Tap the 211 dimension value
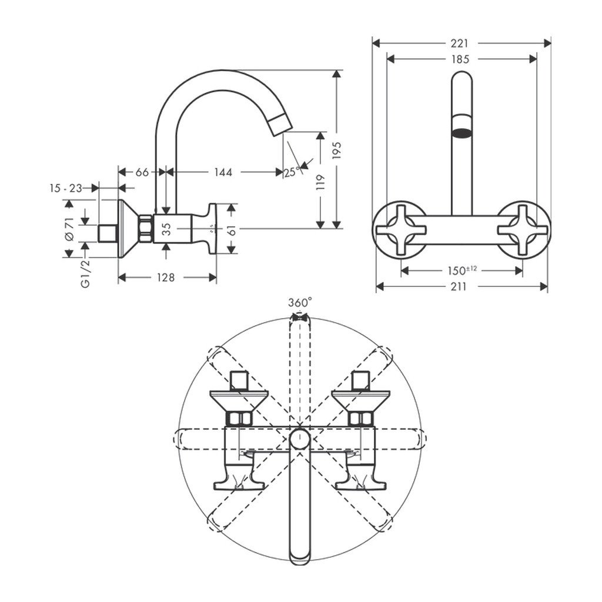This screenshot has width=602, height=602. pyautogui.click(x=459, y=286)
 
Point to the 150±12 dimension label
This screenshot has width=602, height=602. pyautogui.click(x=461, y=270)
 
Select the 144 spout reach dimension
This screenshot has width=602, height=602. pyautogui.click(x=223, y=172)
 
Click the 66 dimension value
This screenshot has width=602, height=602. pyautogui.click(x=142, y=172)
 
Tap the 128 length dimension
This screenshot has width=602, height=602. pyautogui.click(x=166, y=277)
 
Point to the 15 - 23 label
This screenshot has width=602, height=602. pyautogui.click(x=65, y=188)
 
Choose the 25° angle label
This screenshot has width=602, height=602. pyautogui.click(x=292, y=172)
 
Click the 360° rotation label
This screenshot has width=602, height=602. pyautogui.click(x=300, y=303)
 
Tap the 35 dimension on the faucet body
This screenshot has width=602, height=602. pyautogui.click(x=166, y=228)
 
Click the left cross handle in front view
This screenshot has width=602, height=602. pyautogui.click(x=400, y=229)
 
